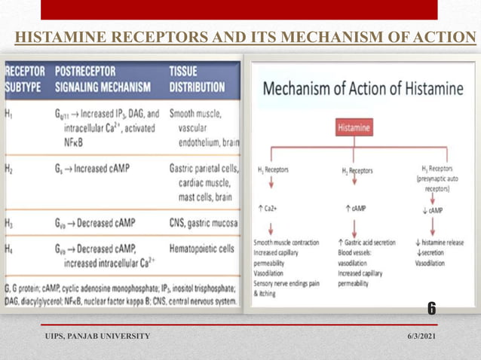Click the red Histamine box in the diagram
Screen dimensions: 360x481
[354, 128]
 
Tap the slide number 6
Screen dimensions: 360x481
[431, 308]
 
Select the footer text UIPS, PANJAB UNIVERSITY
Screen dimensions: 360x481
[97, 335]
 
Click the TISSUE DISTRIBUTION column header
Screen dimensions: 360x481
[201, 80]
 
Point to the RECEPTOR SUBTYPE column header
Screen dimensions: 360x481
[25, 80]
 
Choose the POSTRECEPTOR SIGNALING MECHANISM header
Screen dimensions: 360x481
[103, 80]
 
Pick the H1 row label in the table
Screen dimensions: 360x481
[9, 115]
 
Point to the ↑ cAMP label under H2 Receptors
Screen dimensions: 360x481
[354, 209]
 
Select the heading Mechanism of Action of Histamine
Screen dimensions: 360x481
[363, 89]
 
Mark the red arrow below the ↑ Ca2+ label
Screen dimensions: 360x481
[265, 226]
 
